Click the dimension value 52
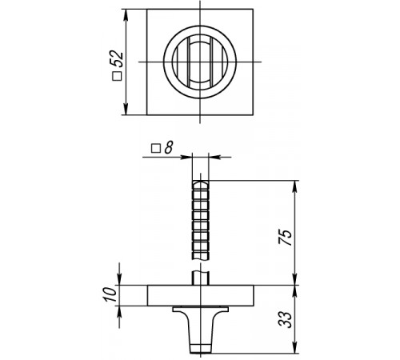coord(118,58)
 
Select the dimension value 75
coord(285,237)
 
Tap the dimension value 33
coord(285,319)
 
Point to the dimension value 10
coord(110,294)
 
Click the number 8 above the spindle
coord(169,147)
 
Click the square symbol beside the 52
coord(117,76)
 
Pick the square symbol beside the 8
coord(156,149)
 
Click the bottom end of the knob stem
coord(201,353)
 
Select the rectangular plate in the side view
coord(201,295)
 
